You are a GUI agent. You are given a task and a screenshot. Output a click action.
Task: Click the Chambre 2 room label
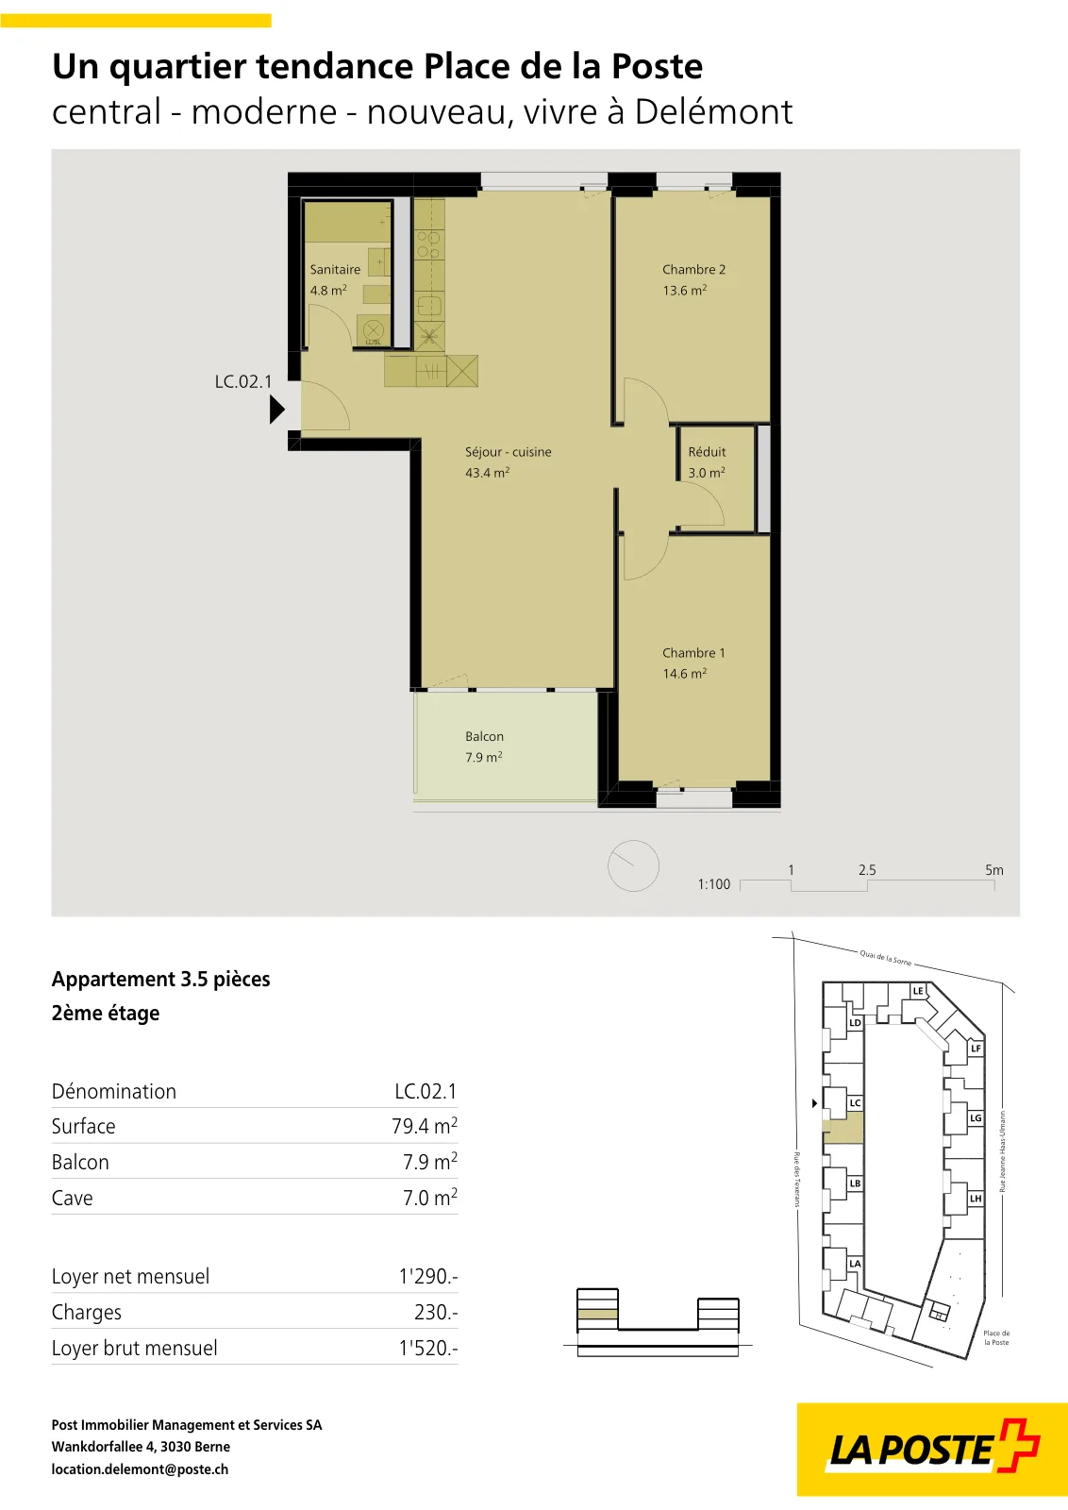click(693, 270)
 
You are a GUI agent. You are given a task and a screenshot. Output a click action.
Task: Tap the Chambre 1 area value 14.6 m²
click(685, 674)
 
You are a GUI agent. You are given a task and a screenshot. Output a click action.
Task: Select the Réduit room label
click(707, 452)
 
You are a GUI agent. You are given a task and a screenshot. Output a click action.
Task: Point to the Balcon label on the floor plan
click(484, 736)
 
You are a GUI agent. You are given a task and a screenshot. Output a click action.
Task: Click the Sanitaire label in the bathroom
click(335, 270)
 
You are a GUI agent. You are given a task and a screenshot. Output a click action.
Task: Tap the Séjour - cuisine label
click(509, 452)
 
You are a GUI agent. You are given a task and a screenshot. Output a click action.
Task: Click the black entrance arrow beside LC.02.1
click(277, 410)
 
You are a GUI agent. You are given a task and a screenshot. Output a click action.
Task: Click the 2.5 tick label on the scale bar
click(867, 869)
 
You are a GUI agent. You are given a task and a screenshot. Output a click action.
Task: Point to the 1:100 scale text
click(713, 883)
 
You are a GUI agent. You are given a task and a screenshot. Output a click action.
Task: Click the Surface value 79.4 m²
click(425, 1126)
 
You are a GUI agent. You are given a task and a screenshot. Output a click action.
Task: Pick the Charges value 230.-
click(436, 1312)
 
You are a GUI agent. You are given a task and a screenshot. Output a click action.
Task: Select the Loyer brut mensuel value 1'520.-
click(428, 1348)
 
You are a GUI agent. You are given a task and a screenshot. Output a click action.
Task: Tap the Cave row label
click(72, 1198)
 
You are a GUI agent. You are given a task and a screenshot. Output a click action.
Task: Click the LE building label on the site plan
click(918, 991)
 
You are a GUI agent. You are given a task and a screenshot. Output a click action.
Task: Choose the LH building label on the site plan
click(975, 1199)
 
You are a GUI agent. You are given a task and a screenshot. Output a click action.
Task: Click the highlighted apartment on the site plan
click(843, 1128)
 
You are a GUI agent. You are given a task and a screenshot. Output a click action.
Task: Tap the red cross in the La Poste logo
click(1018, 1445)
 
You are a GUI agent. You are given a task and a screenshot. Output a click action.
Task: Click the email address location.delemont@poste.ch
click(141, 1469)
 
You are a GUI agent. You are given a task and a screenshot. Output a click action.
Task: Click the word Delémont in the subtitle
click(713, 111)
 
